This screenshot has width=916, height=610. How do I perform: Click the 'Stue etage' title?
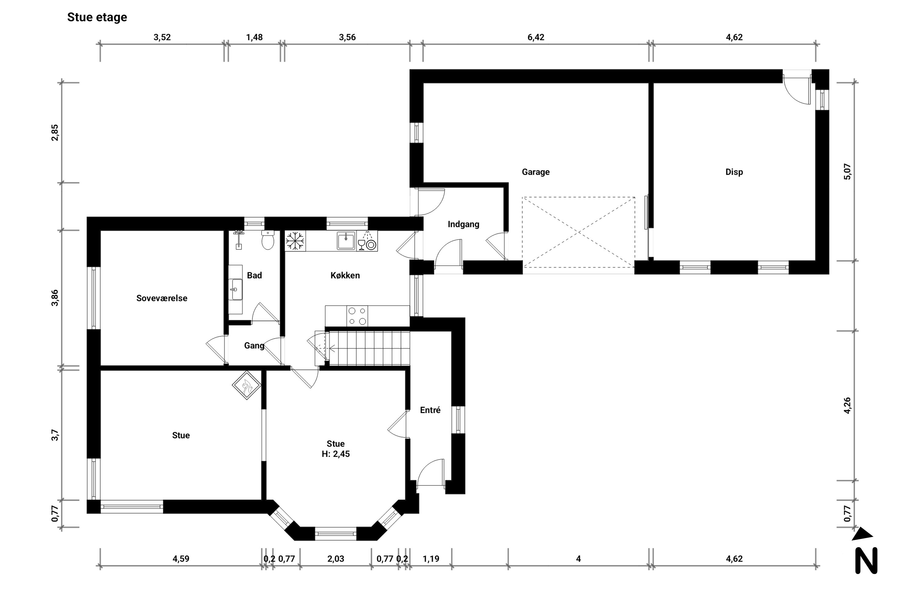97,17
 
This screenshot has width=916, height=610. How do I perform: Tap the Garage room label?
536,172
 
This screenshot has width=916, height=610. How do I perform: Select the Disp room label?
734,172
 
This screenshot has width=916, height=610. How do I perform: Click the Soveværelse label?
162,298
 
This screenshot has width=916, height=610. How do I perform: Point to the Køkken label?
345,275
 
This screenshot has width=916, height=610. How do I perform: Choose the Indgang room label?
463,224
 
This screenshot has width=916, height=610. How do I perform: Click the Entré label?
430,410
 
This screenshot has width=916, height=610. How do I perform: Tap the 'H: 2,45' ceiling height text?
336,454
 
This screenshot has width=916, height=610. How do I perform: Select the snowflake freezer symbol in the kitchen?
295,241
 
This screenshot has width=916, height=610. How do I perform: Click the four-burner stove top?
357,316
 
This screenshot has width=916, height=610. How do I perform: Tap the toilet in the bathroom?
267,240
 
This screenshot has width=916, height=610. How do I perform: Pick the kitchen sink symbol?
346,240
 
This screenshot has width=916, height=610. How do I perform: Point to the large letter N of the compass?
866,561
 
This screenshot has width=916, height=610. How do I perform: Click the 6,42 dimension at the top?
536,37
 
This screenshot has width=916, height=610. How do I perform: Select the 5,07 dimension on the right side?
848,171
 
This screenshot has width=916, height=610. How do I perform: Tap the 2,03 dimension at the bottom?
336,559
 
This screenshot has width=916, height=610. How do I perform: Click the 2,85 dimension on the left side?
55,133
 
